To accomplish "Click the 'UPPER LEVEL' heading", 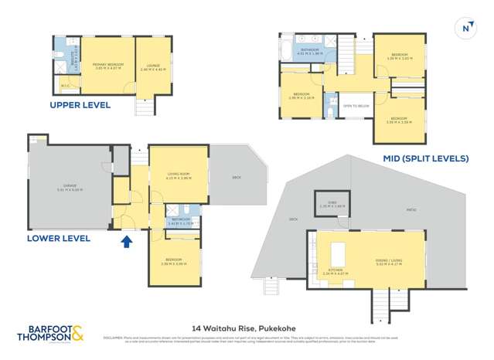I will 80,104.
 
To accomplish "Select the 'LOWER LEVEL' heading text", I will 59,238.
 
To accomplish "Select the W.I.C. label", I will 65,86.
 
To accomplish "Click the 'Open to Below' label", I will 353,105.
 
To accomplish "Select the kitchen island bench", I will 337,253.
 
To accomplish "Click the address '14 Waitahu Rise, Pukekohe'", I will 247,326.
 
